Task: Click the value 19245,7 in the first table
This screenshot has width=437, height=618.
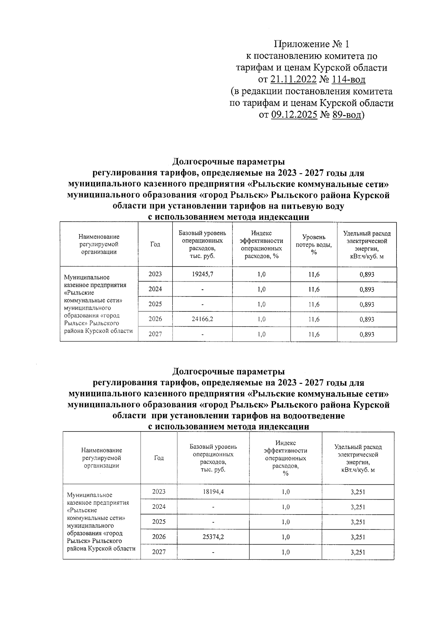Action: pyautogui.click(x=202, y=274)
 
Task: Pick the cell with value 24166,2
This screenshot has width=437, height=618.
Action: pyautogui.click(x=202, y=319)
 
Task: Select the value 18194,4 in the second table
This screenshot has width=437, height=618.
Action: pyautogui.click(x=213, y=492)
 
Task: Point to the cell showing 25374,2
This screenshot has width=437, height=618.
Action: pyautogui.click(x=213, y=537)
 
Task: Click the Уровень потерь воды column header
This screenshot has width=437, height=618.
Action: pyautogui.click(x=314, y=245)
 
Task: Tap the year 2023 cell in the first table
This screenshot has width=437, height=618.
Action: pyautogui.click(x=155, y=274)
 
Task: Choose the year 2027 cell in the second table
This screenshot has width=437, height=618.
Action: pyautogui.click(x=159, y=552)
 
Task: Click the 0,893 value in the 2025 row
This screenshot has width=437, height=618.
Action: pyautogui.click(x=367, y=304)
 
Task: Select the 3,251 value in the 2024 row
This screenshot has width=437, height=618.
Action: pyautogui.click(x=358, y=507)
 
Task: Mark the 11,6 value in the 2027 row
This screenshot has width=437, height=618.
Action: pyautogui.click(x=314, y=334)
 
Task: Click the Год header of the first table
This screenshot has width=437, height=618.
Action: pyautogui.click(x=155, y=244)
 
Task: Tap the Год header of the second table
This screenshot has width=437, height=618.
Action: pyautogui.click(x=159, y=458)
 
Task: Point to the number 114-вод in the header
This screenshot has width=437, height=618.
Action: pyautogui.click(x=349, y=79)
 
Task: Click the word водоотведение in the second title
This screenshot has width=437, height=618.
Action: pyautogui.click(x=313, y=416)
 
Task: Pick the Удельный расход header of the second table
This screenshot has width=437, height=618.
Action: pyautogui.click(x=358, y=447)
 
